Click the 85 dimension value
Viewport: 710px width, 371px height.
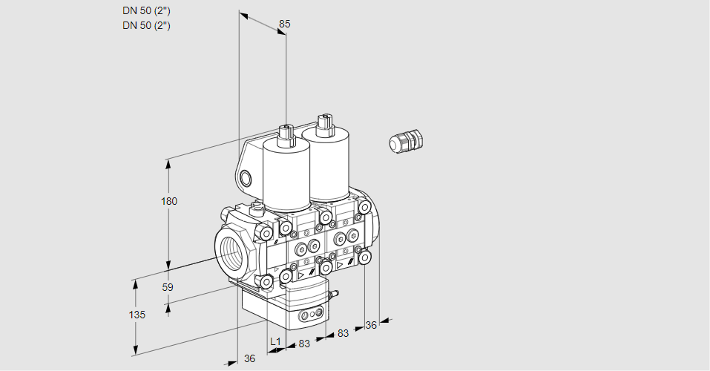(x=284, y=24)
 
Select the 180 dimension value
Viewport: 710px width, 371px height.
(x=169, y=201)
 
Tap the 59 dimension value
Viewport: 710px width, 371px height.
(x=168, y=287)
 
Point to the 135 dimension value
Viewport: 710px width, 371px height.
(x=137, y=315)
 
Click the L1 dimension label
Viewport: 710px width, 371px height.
(x=275, y=341)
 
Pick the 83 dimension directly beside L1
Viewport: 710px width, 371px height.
(x=304, y=343)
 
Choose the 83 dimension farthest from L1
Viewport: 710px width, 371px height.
(x=343, y=333)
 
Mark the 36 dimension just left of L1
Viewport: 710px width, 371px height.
(x=250, y=358)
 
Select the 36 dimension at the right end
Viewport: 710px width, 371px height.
(x=372, y=324)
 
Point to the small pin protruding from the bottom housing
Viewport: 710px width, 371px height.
(x=334, y=295)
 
